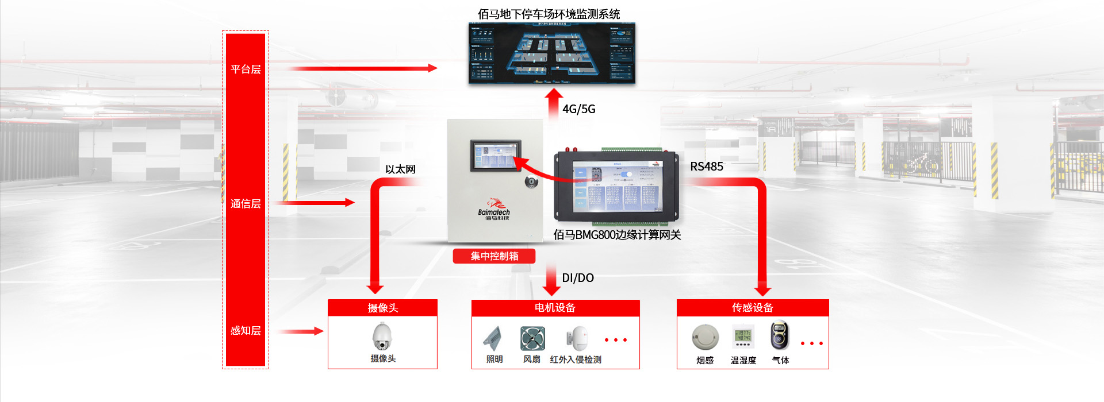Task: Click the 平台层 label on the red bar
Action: (246, 69)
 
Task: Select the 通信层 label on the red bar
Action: (246, 204)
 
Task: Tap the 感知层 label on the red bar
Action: (246, 331)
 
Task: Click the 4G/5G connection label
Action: (578, 109)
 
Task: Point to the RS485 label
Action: (707, 167)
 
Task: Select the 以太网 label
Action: (400, 169)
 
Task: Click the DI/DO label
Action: (577, 278)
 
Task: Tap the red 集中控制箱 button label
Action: (494, 256)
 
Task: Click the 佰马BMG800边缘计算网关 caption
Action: (617, 235)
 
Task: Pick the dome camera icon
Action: (382, 337)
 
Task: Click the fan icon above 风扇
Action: (532, 338)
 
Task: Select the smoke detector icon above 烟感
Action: (705, 338)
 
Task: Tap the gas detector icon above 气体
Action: (780, 335)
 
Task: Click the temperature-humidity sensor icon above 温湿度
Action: (743, 337)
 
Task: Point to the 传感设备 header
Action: (752, 308)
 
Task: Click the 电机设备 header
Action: (555, 308)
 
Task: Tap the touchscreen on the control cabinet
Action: (496, 155)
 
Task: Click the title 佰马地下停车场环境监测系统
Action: (549, 14)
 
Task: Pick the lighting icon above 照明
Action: (493, 338)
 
